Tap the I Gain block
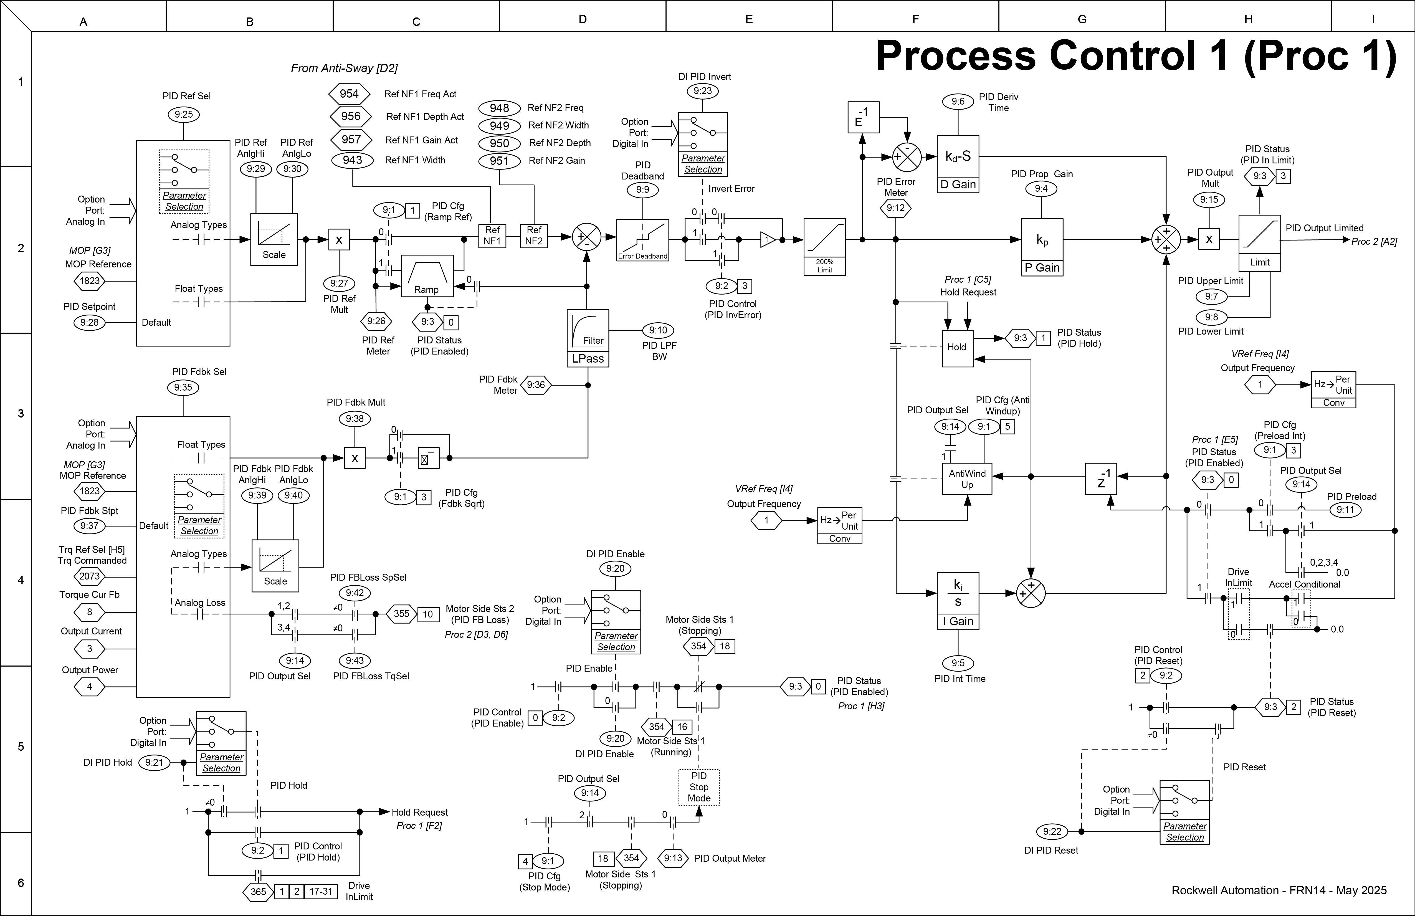[x=958, y=600]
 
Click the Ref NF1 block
[x=492, y=236]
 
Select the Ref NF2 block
[x=534, y=236]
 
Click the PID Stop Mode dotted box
[x=698, y=787]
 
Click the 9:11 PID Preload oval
[x=1345, y=509]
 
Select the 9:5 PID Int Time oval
[x=958, y=663]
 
